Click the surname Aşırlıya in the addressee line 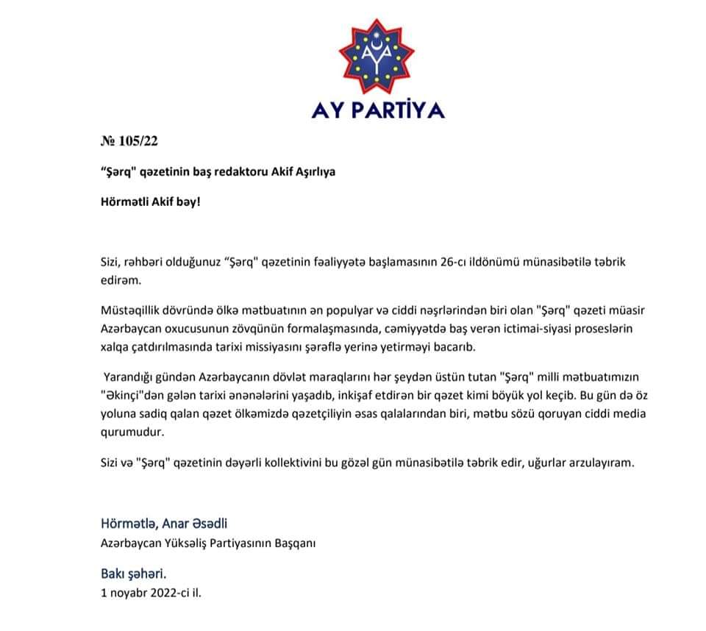point(311,171)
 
